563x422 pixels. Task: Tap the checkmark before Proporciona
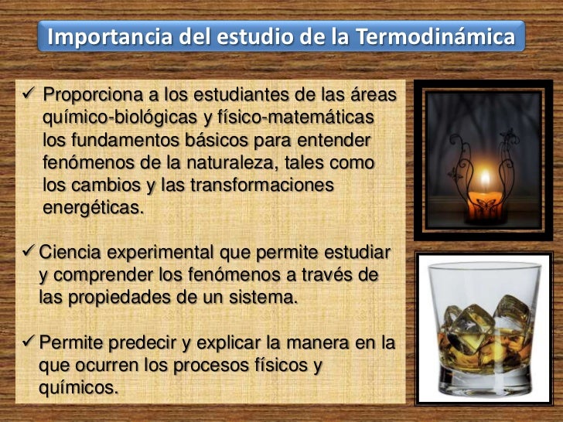click(x=29, y=96)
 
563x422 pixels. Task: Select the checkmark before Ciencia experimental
click(x=29, y=253)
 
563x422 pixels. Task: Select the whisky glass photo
click(x=486, y=326)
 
